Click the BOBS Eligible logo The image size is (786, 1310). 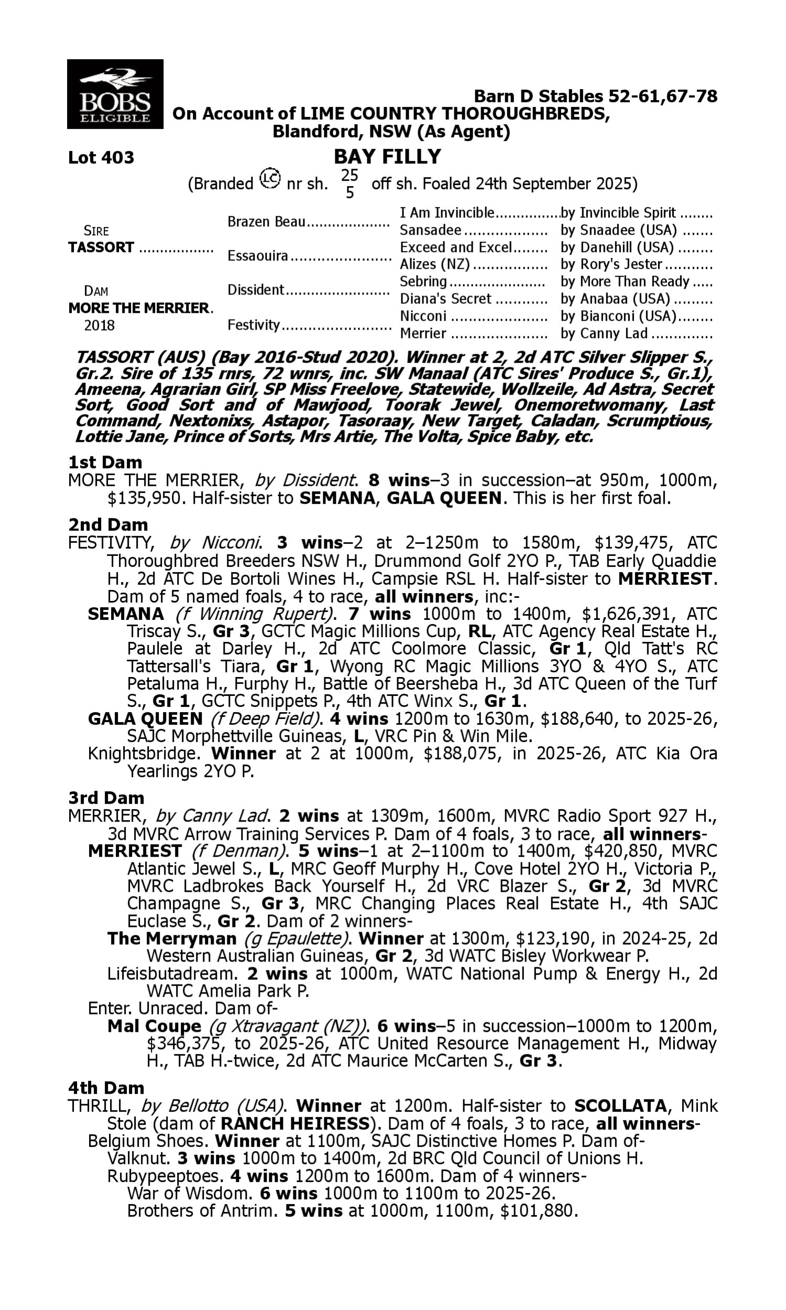(115, 94)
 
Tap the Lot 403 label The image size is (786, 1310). (101, 158)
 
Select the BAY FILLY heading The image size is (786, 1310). (387, 157)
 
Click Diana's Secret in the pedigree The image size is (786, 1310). (445, 299)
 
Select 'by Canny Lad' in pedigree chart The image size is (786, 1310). (604, 334)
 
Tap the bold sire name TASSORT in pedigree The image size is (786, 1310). (101, 248)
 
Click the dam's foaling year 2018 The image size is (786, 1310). (100, 325)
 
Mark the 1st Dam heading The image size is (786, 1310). (105, 462)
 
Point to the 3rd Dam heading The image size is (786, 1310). (106, 798)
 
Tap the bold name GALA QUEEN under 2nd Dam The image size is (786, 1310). (145, 719)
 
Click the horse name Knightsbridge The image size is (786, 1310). (145, 754)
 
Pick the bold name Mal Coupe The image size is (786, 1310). (154, 1026)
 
